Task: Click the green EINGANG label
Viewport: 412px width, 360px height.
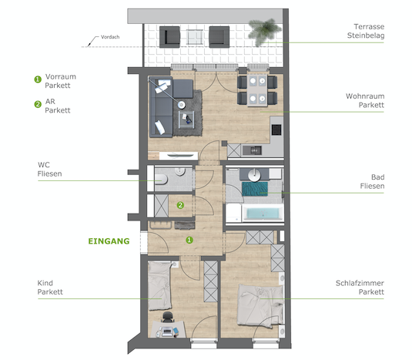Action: [109, 241]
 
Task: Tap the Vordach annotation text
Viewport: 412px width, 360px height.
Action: [110, 37]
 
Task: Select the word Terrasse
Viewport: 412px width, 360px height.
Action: [369, 26]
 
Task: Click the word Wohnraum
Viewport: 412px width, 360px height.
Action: [365, 96]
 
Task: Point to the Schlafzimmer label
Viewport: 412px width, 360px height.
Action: [360, 283]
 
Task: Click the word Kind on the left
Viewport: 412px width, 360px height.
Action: [45, 283]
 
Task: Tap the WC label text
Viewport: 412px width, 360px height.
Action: [44, 165]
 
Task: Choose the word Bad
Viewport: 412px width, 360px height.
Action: [378, 177]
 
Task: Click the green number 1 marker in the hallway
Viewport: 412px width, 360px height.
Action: [189, 240]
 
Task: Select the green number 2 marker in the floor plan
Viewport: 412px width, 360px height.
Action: [180, 205]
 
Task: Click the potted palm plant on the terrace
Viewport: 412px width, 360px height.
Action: [264, 30]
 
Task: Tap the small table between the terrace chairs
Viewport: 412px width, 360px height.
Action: [194, 37]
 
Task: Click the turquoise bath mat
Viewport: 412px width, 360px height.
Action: [255, 189]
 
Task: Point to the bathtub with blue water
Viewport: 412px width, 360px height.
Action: [263, 214]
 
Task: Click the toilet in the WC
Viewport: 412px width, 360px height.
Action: [161, 179]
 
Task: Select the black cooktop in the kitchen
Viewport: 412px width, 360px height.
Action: [276, 130]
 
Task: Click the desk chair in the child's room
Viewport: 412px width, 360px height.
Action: [168, 317]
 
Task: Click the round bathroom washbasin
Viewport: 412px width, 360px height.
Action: [254, 175]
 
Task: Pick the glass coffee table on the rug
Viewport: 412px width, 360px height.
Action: [186, 119]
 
